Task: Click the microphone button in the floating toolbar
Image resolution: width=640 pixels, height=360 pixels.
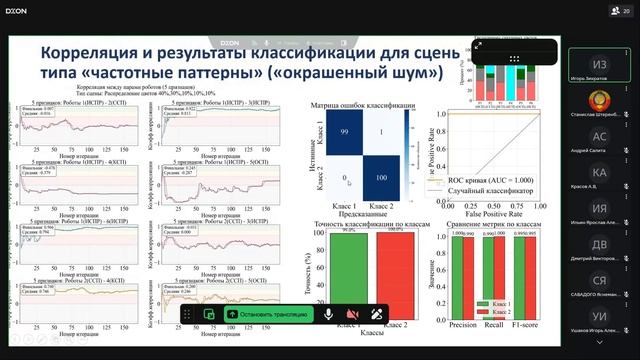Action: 327,313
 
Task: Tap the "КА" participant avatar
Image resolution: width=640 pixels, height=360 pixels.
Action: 600,173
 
